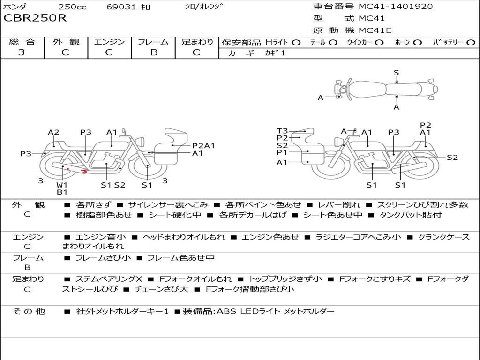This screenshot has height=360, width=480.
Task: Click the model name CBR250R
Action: (x=35, y=18)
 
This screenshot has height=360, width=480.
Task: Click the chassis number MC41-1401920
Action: (x=396, y=7)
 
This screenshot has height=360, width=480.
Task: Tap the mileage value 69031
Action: (x=121, y=7)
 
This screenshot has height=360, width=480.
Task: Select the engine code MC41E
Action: (x=375, y=30)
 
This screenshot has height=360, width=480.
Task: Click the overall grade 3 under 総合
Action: (x=22, y=52)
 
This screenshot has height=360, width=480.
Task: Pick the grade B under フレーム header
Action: (x=154, y=52)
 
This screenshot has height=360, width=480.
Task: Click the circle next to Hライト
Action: (x=296, y=43)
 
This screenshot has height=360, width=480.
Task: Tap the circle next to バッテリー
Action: (x=471, y=43)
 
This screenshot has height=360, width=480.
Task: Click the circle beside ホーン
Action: (x=418, y=43)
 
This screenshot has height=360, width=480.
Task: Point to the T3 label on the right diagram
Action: (x=282, y=131)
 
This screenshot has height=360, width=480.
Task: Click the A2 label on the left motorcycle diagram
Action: (x=53, y=132)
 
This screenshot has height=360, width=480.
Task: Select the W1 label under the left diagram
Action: (x=62, y=185)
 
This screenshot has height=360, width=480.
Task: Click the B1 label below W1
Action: (x=62, y=192)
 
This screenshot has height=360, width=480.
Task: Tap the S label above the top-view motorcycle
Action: (x=397, y=73)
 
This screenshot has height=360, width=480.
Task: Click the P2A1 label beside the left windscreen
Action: (x=203, y=146)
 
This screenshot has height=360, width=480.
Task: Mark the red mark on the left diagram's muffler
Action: (x=84, y=172)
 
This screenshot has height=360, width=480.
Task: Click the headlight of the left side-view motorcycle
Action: (x=142, y=142)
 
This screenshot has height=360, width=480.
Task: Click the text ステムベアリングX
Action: (x=109, y=279)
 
